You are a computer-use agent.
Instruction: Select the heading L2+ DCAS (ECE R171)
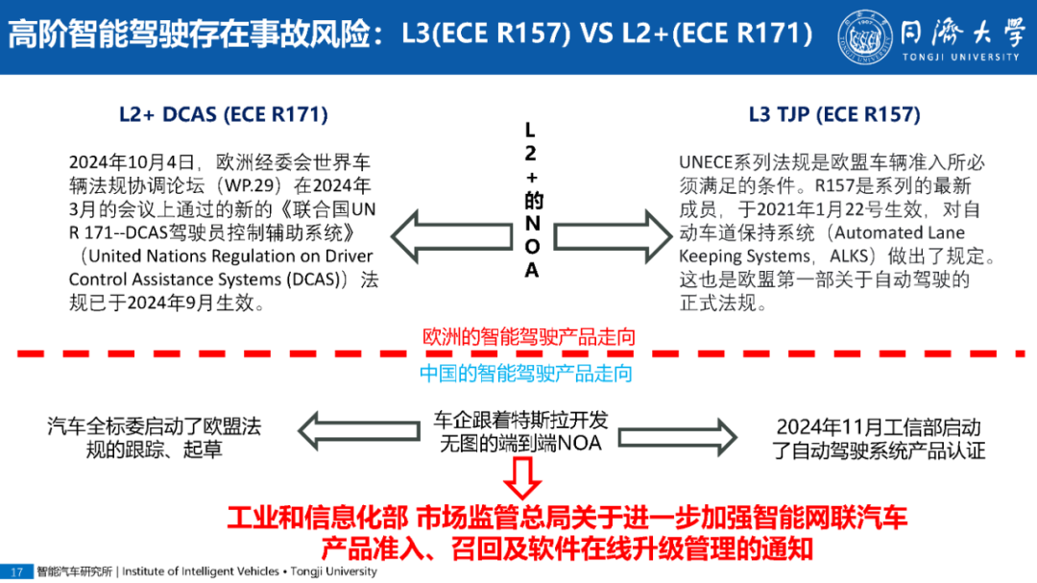click(x=223, y=114)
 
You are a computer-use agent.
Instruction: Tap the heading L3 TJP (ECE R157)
click(x=834, y=114)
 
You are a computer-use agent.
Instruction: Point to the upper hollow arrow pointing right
click(x=611, y=235)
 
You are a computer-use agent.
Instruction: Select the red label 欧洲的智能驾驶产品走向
click(x=529, y=337)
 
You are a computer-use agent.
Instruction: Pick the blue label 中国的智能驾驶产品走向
click(x=526, y=373)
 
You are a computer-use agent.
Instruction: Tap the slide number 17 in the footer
click(x=16, y=571)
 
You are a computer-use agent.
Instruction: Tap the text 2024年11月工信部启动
click(x=879, y=427)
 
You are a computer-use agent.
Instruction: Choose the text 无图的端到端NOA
click(x=519, y=444)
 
